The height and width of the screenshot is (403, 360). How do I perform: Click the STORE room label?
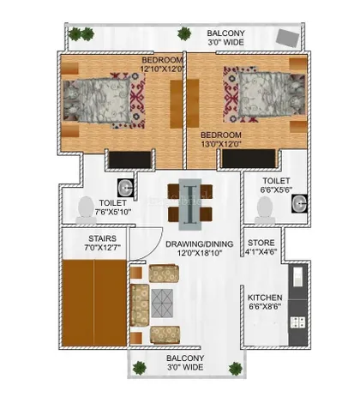pyautogui.click(x=261, y=243)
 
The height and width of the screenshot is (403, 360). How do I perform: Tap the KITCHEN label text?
pyautogui.click(x=265, y=298)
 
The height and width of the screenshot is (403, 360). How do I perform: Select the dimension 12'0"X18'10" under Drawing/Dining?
pyautogui.click(x=200, y=253)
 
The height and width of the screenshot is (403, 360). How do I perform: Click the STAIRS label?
pyautogui.click(x=102, y=238)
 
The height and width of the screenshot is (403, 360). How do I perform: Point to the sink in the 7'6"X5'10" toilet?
pyautogui.click(x=125, y=188)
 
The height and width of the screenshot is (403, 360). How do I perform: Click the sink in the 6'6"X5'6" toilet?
pyautogui.click(x=299, y=203)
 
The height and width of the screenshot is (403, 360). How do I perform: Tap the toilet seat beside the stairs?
pyautogui.click(x=86, y=210)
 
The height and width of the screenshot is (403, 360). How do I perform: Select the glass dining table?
pyautogui.click(x=190, y=204)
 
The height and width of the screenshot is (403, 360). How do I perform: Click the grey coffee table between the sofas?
pyautogui.click(x=162, y=304)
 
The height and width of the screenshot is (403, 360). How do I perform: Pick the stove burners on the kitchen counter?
pyautogui.click(x=297, y=322)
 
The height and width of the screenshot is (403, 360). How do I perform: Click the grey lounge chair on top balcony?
pyautogui.click(x=288, y=38)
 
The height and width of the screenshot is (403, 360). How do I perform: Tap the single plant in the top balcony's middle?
pyautogui.click(x=184, y=33)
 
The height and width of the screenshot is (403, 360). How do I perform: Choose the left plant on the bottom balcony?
pyautogui.click(x=140, y=368)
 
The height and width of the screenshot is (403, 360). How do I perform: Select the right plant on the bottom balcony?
pyautogui.click(x=236, y=369)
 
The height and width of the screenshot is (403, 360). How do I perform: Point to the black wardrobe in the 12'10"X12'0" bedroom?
pyautogui.click(x=130, y=159)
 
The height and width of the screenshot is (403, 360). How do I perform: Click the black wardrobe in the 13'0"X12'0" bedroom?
pyautogui.click(x=249, y=159)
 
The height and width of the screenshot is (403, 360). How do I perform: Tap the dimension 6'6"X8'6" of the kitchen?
pyautogui.click(x=265, y=307)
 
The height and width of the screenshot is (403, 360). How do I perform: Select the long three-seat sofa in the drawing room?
pyautogui.click(x=140, y=305)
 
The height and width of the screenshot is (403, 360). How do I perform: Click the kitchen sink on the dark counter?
pyautogui.click(x=297, y=277)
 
